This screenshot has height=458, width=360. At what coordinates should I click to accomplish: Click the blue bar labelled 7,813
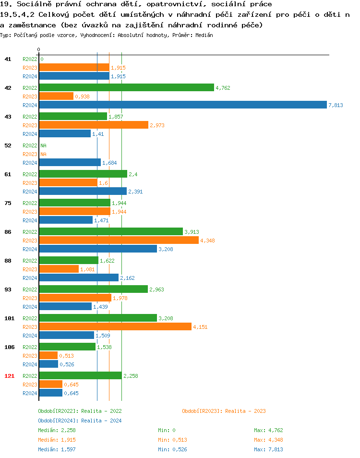coord(183,105)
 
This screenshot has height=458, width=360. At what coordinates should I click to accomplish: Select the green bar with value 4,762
coord(126,87)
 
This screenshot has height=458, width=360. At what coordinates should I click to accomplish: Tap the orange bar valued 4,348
coord(119,240)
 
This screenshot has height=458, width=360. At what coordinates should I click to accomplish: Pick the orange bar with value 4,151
coord(115,326)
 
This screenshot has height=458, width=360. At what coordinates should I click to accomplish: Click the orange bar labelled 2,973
coord(94,125)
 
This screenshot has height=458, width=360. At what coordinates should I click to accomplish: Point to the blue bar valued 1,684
coord(70,162)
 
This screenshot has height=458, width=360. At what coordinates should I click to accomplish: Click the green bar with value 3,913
coord(111,231)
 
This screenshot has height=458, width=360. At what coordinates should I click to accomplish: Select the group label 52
coord(8,145)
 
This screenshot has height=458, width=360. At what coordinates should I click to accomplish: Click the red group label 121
coord(9,375)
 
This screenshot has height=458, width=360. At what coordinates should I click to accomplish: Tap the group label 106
coord(9,347)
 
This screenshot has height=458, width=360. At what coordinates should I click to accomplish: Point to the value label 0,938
coord(82,96)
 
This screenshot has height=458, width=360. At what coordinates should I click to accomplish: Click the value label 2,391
coord(135,192)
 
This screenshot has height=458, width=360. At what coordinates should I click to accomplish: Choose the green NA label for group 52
coord(43,145)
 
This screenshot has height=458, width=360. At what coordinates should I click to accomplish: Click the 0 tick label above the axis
coord(38,49)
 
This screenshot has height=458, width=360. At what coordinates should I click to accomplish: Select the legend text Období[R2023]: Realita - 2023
coord(224,411)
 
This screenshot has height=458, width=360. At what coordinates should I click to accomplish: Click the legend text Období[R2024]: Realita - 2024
coord(80,421)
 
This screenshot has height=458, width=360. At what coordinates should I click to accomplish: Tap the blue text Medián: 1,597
coord(57,449)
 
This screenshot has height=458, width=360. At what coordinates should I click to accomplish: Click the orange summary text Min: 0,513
coord(172,440)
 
